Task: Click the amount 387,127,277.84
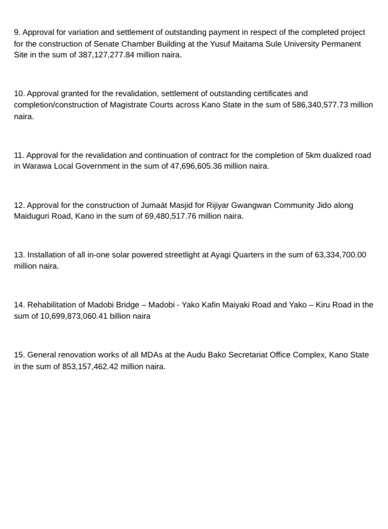tap(107, 55)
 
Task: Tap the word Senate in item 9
tap(106, 44)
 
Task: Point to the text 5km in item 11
tap(312, 155)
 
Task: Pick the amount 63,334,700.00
tap(340, 255)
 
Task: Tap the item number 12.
tap(19, 205)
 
